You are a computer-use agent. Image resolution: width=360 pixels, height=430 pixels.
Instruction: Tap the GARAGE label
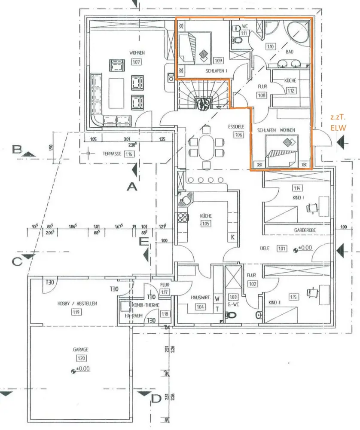(80, 350)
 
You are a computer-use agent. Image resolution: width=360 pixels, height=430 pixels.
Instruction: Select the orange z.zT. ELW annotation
(337, 122)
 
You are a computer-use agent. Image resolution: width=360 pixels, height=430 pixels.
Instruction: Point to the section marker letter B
(18, 150)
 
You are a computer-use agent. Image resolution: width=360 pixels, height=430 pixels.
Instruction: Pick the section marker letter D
(156, 399)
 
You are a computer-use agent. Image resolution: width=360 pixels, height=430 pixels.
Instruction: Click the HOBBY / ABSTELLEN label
(77, 303)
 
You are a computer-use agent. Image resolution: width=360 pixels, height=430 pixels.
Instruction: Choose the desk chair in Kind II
(312, 293)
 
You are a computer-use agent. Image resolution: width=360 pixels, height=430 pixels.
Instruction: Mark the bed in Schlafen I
(195, 46)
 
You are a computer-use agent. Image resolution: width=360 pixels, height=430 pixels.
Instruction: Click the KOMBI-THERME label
(147, 305)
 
